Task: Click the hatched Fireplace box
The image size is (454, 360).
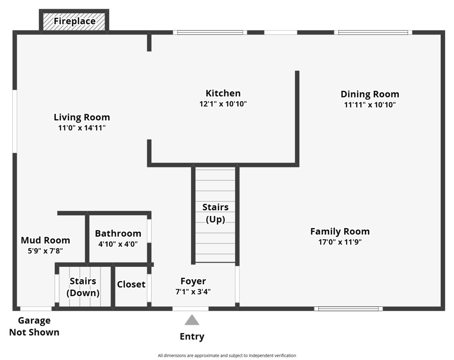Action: click(x=74, y=21)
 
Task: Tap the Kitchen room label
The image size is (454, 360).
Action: click(x=223, y=93)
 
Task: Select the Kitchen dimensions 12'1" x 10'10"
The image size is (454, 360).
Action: click(x=223, y=104)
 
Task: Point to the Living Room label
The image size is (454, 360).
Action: click(x=82, y=117)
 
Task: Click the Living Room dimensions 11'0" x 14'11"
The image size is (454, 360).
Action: click(x=82, y=128)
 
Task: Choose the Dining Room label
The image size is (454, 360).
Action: click(x=370, y=94)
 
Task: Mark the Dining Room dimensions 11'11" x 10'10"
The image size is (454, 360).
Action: click(x=370, y=105)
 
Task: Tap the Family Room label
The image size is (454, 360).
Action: click(x=340, y=231)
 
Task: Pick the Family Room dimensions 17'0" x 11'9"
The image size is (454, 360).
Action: click(x=340, y=242)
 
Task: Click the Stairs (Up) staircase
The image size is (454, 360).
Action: click(x=215, y=213)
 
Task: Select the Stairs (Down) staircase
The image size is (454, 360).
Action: click(x=83, y=287)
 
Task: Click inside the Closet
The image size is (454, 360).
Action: click(x=131, y=284)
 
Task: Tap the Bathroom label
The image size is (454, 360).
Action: click(x=118, y=234)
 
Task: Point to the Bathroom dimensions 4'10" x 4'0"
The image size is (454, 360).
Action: click(x=118, y=244)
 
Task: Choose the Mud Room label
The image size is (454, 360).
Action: click(x=45, y=240)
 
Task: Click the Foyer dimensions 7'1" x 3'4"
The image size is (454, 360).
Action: click(x=193, y=292)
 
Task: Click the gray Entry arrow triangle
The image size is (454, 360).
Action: click(x=192, y=320)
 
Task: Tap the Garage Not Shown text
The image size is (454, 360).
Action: click(x=34, y=326)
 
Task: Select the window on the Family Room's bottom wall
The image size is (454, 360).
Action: click(x=348, y=309)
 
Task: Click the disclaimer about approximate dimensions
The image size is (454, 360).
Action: click(x=227, y=355)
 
